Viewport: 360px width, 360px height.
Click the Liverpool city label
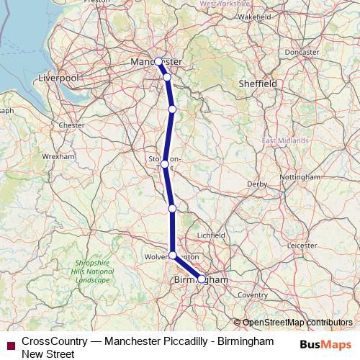coord(58,76)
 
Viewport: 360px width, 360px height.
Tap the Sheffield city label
coord(258,84)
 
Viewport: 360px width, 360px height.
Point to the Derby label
coord(257,184)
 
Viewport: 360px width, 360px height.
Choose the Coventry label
coord(253,294)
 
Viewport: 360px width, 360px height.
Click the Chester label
coord(72,125)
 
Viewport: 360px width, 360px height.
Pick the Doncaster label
coord(302,53)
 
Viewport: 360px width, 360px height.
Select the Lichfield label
coord(211,235)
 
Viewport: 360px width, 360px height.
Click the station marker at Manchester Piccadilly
coord(158,61)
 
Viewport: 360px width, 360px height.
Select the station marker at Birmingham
coord(201,279)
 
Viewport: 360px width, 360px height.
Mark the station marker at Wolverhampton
coord(173,255)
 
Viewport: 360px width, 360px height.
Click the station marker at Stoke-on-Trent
coord(165,164)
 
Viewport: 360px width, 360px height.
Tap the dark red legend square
coord(10,346)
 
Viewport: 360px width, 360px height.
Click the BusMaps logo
coord(326,344)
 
